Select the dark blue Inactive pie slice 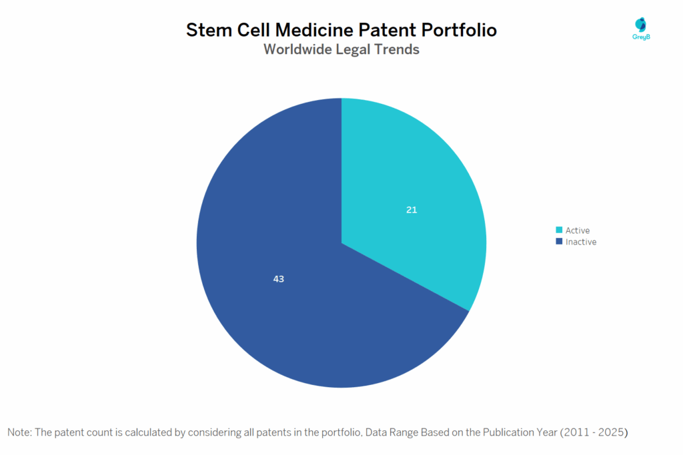280,293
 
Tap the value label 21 412,210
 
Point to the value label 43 279,279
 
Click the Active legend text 578,230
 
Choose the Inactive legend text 581,242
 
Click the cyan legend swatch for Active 559,230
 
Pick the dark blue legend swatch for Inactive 559,242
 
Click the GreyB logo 641,29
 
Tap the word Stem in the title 206,30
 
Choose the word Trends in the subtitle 397,49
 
